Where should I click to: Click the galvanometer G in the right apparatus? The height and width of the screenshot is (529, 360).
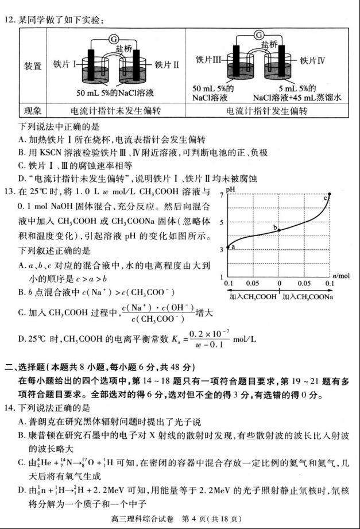[x=260, y=35]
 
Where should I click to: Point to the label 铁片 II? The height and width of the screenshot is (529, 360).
[x=167, y=65]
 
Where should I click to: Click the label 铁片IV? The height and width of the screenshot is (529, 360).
[x=313, y=59]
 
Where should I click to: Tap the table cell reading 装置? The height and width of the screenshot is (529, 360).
[x=33, y=66]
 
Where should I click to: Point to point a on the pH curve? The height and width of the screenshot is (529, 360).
[x=229, y=246]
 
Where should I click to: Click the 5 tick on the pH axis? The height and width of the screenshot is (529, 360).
[x=221, y=222]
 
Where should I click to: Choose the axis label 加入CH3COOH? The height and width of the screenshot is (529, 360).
[x=251, y=296]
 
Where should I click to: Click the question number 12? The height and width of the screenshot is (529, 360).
[x=9, y=21]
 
